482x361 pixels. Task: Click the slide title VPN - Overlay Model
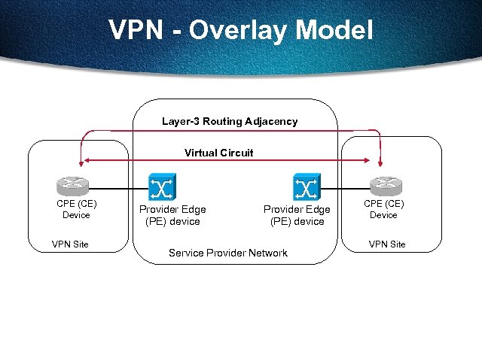(241, 30)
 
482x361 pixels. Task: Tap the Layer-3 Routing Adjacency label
(230, 121)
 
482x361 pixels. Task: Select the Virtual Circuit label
(219, 153)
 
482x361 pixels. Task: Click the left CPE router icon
(75, 186)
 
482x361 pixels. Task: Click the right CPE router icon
(383, 186)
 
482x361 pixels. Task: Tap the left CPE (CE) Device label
(75, 209)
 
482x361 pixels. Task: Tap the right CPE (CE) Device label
(383, 209)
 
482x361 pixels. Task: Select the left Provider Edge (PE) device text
(172, 215)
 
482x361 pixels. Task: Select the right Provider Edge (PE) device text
(297, 215)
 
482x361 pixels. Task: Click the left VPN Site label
(70, 244)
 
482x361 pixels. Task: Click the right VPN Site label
(386, 244)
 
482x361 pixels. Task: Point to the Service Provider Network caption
(227, 253)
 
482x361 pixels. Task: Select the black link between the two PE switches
(233, 187)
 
